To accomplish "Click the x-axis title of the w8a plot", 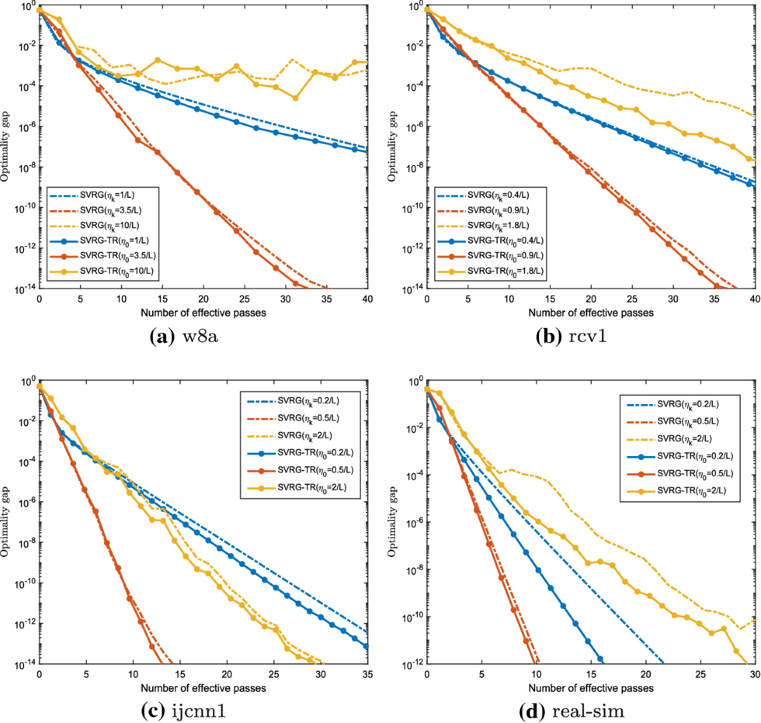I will [203, 313].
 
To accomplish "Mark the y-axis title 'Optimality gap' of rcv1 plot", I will [393, 146].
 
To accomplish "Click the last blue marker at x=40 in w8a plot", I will [368, 151].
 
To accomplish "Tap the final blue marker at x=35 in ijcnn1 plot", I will [366, 646].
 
